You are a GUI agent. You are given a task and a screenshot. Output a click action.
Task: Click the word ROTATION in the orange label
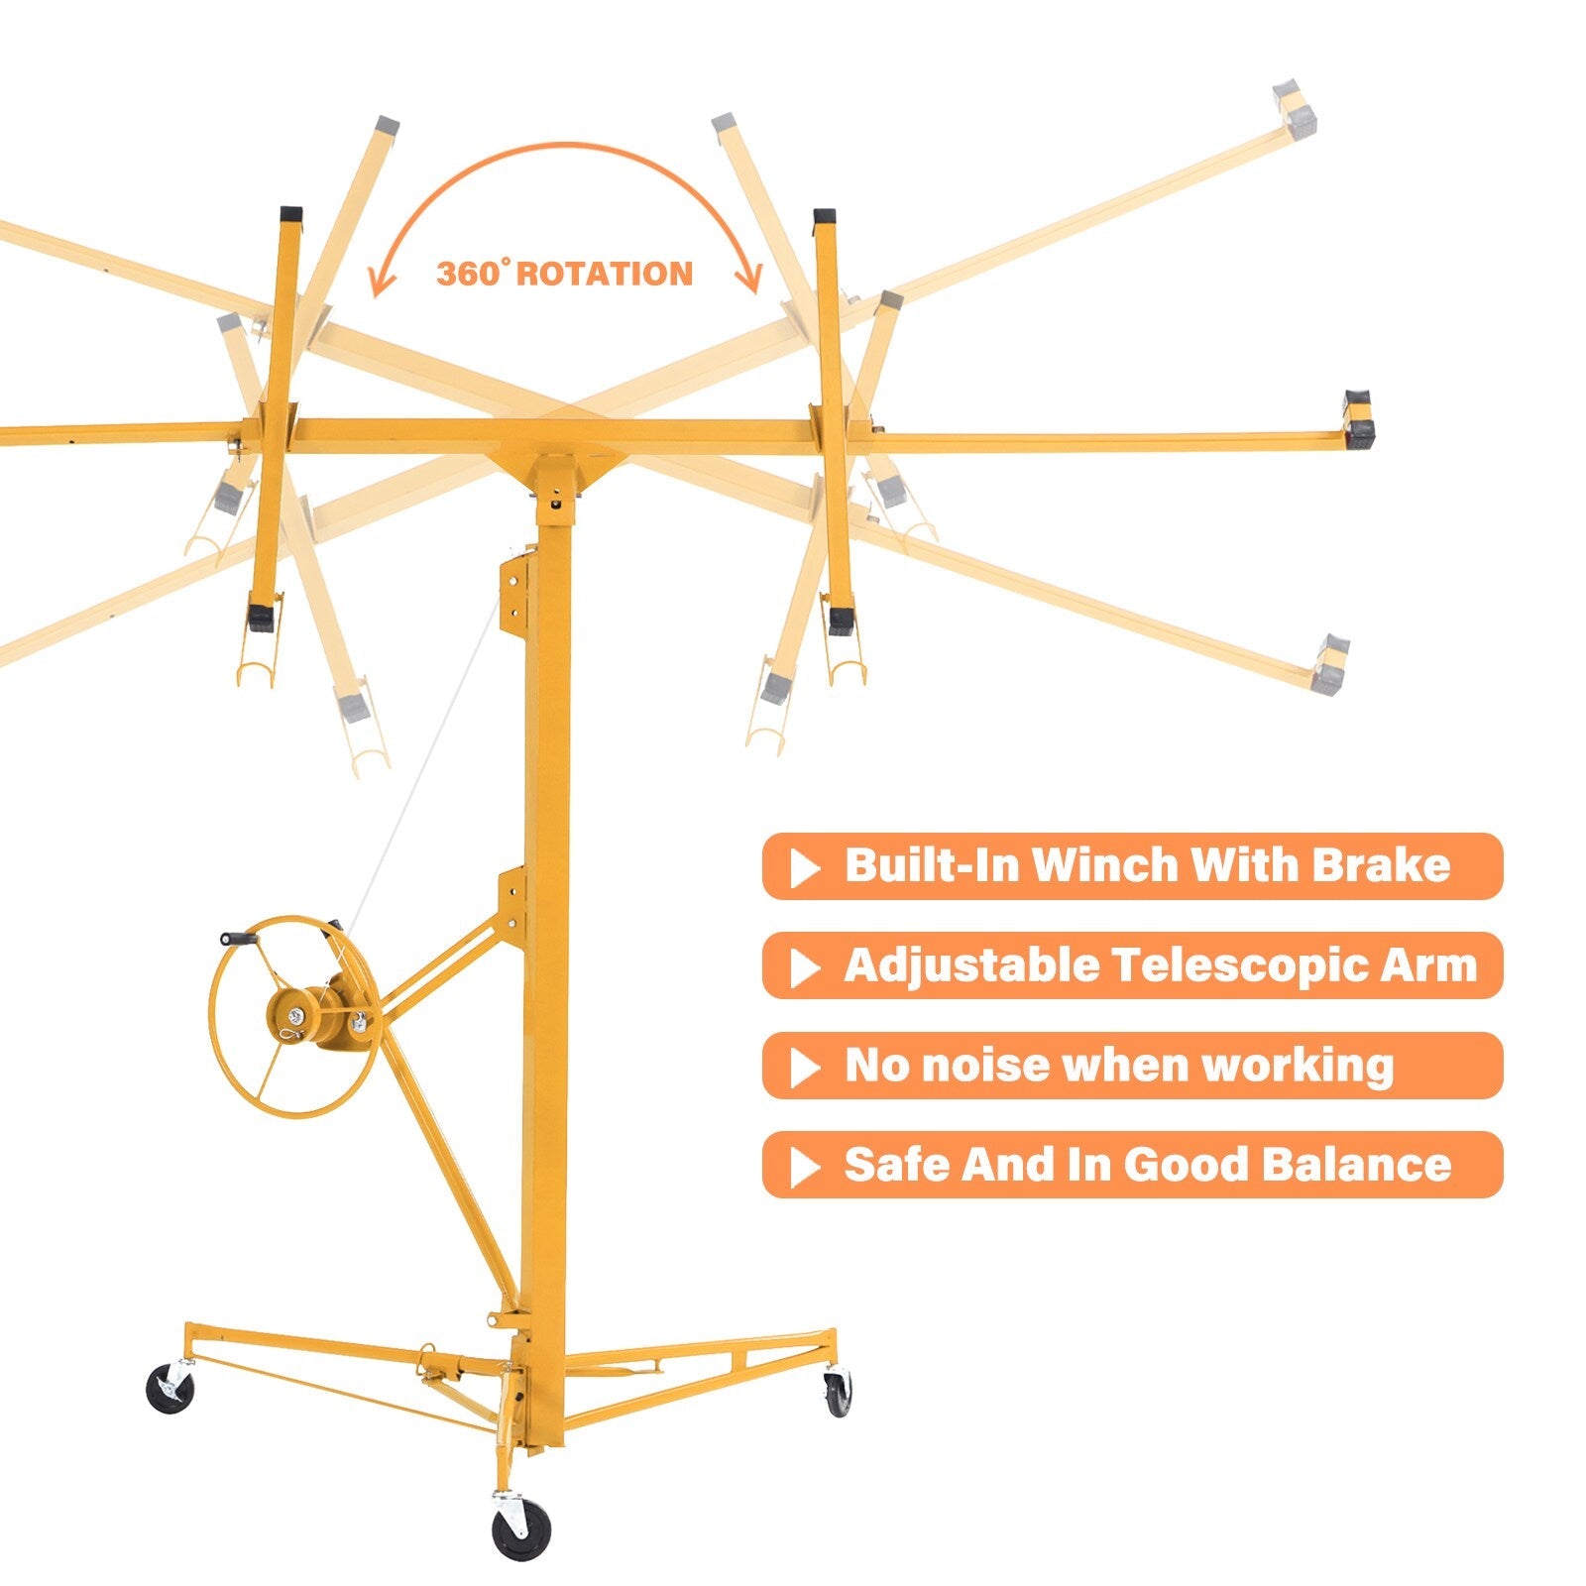point(604,274)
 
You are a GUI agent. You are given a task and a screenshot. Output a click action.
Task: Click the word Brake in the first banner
point(1382,864)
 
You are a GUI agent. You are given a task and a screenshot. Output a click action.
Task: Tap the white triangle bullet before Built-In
point(805,868)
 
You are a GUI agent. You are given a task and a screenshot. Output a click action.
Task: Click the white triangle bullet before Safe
point(805,1168)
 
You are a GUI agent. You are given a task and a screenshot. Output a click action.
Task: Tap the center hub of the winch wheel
point(296,1014)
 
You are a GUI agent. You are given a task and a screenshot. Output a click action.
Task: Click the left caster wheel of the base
point(170,1388)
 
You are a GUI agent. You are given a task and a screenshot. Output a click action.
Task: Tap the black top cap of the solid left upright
point(290,213)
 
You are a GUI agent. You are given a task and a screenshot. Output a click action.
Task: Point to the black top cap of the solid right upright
point(824,216)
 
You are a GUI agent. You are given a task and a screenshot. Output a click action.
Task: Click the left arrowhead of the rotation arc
point(381,281)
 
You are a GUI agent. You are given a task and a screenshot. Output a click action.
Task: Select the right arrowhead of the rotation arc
point(750,278)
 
